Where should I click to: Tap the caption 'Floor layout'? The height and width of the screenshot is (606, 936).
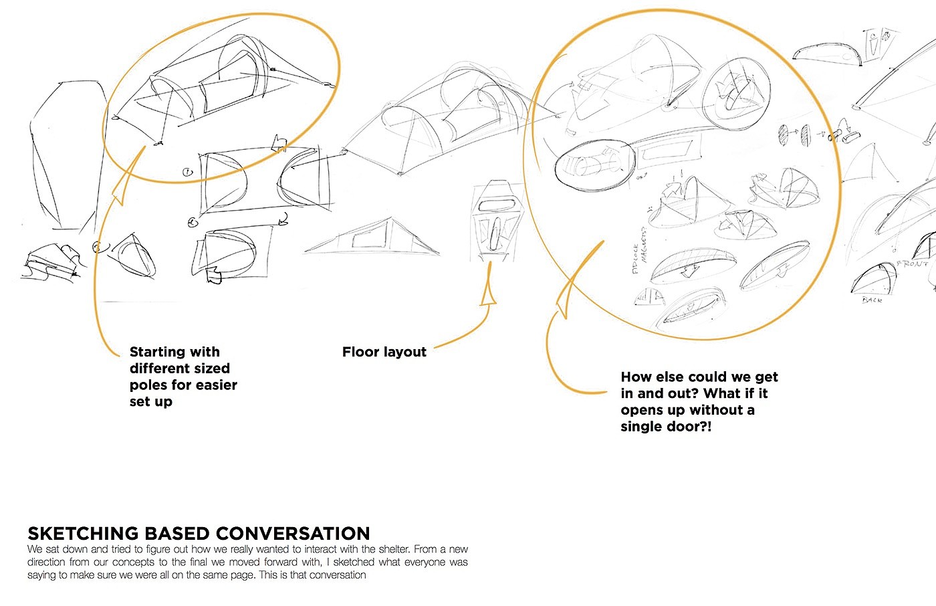click(x=384, y=352)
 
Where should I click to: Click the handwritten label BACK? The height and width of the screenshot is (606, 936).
click(x=872, y=300)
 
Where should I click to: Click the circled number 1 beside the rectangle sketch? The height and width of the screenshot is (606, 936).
click(x=188, y=173)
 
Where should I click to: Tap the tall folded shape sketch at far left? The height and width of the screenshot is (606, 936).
click(x=64, y=154)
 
